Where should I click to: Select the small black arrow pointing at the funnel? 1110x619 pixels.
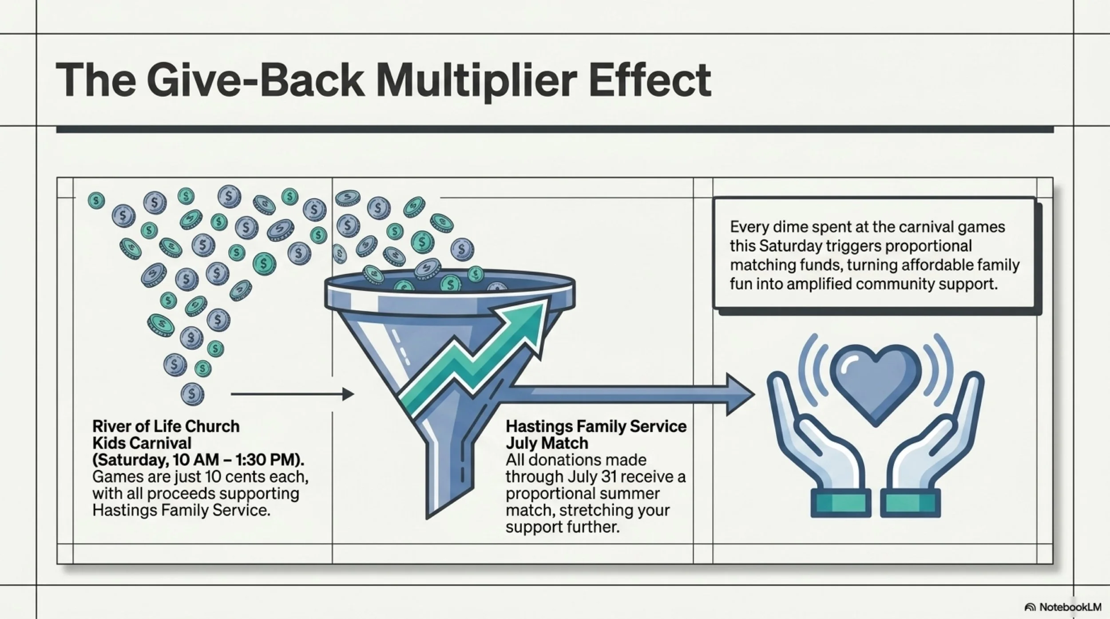[x=292, y=394]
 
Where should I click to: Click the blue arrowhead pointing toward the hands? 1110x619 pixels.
[x=740, y=394]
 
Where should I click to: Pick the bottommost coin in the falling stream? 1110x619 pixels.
[x=192, y=394]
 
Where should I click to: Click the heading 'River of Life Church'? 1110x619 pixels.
[x=166, y=426]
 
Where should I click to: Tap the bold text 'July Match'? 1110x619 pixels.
[x=547, y=443]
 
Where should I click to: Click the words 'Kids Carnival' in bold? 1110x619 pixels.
[x=142, y=443]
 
